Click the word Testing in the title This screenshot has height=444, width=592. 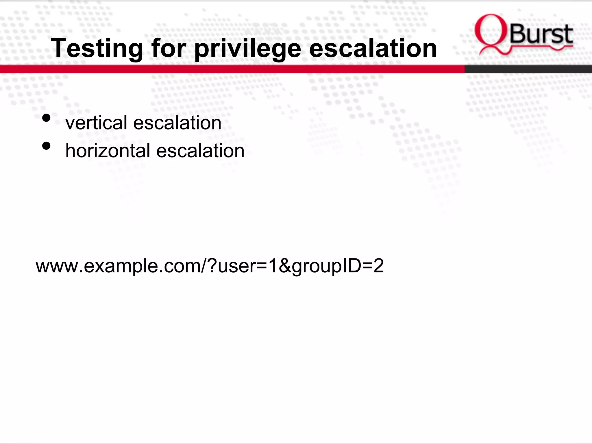coord(97,49)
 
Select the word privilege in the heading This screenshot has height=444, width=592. coord(248,49)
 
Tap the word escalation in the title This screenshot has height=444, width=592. coord(373,49)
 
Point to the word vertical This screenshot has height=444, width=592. coord(96,123)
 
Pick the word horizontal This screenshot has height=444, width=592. coord(108,151)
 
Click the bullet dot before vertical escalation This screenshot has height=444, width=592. coord(46,118)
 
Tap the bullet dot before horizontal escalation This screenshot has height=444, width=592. coord(46,146)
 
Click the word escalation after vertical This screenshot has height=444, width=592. coord(177,123)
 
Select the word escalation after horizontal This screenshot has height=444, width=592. coord(200,151)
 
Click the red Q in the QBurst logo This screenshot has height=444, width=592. coord(491,33)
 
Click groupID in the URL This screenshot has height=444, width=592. coord(326,266)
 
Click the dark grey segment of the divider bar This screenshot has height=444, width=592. coord(528,69)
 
